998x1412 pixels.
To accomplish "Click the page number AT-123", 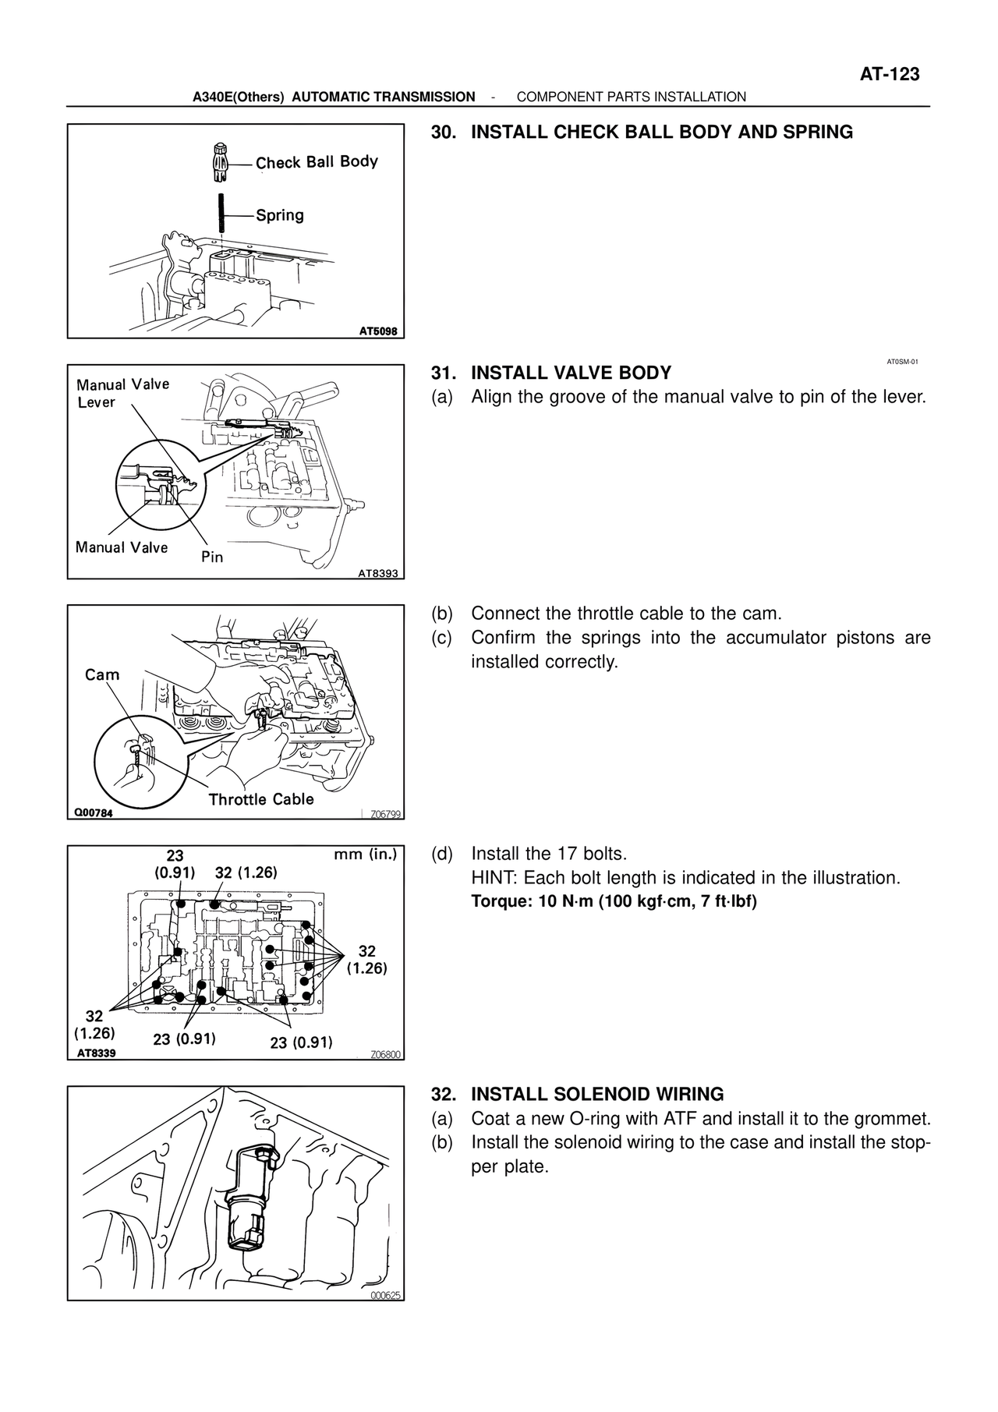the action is click(x=890, y=74).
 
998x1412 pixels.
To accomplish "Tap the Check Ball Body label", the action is click(x=317, y=162).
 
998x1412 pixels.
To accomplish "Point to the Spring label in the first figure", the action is click(x=280, y=215).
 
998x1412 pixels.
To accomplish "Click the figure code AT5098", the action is click(x=378, y=331).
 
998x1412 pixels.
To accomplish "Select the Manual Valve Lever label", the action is click(x=122, y=393).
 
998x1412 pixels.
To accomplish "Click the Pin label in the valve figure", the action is click(x=212, y=557).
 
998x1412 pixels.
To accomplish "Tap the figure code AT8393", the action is click(x=378, y=574).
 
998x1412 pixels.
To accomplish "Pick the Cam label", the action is click(x=102, y=674).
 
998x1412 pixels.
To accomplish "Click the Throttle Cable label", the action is click(x=261, y=799).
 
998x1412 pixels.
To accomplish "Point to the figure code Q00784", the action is click(x=94, y=812).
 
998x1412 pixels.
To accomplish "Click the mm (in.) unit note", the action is click(x=366, y=855).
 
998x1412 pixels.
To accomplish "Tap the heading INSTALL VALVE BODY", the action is click(x=572, y=373).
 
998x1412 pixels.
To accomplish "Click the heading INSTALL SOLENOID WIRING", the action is click(x=598, y=1094).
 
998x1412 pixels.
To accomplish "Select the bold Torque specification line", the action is click(x=614, y=902).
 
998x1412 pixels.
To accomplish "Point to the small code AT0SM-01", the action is click(x=903, y=362).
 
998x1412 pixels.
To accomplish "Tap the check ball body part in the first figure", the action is click(x=220, y=162).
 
